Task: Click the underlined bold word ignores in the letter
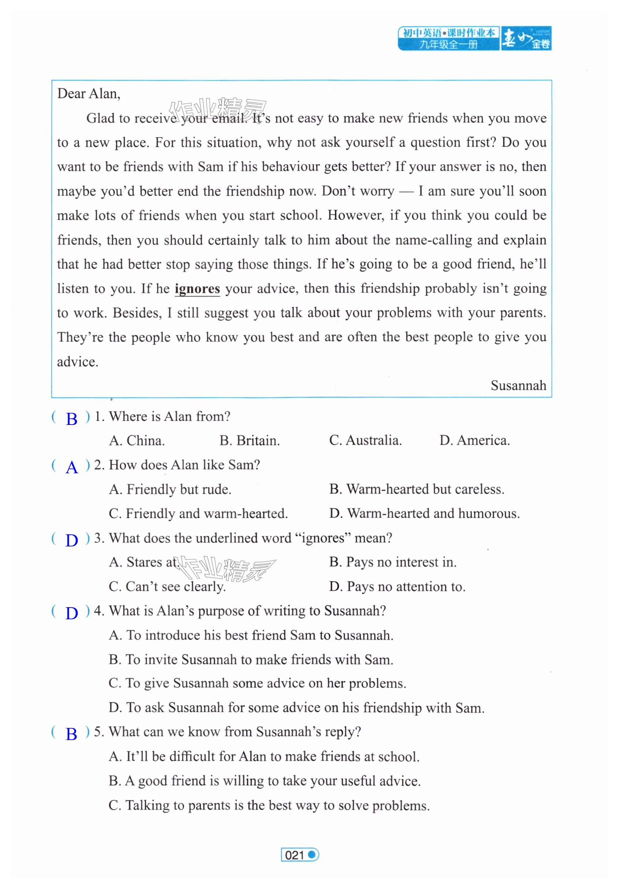coord(197,289)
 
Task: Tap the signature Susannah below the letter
coord(518,385)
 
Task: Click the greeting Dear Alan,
coord(89,94)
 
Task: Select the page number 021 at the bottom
coord(295,855)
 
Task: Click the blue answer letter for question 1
coord(72,419)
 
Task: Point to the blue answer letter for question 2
coord(72,467)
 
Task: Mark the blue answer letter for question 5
coord(72,734)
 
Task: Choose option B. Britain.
coord(249,440)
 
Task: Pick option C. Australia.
coord(365,440)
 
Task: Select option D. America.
coord(474,440)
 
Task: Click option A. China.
coord(137,440)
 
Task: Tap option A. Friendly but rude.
coord(170,489)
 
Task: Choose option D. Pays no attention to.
coord(397,586)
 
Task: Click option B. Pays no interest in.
coord(392,562)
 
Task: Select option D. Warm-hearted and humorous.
coord(424,513)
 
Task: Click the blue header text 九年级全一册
coord(448,45)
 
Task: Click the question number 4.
coord(98,611)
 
